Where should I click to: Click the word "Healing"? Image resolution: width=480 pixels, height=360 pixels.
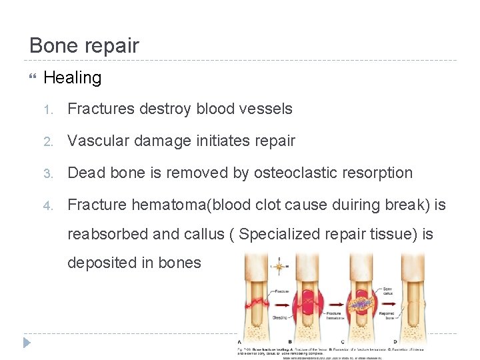point(72,78)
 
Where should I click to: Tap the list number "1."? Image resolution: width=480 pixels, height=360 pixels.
point(47,109)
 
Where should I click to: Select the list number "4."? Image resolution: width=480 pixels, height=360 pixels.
point(47,205)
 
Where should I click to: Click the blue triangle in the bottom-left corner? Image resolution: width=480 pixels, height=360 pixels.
point(27,343)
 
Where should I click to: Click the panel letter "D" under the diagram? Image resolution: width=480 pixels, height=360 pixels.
point(395,341)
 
